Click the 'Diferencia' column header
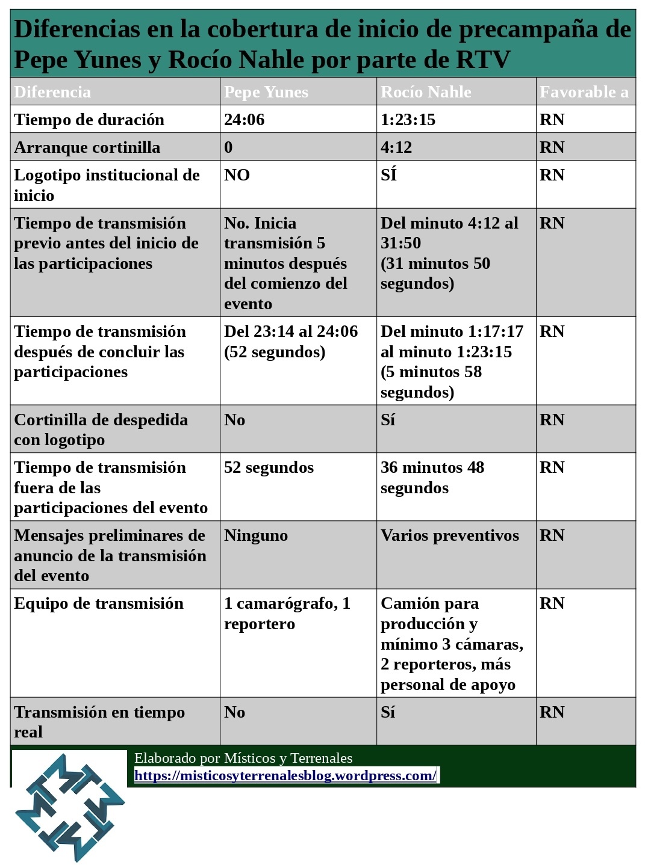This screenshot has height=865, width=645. pos(52,92)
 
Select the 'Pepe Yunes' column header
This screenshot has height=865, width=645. pos(266,92)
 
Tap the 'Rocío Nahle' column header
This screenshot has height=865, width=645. pos(426,92)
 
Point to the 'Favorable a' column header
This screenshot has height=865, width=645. pos(584,92)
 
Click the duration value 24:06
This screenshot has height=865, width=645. pos(244,120)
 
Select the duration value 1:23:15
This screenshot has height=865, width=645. pos(408,120)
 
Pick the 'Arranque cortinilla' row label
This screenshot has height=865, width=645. pos(87,147)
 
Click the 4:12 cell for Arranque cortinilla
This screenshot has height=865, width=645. pos(396,147)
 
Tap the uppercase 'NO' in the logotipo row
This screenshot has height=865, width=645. pos(237,175)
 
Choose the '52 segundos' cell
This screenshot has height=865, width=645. pos(269,467)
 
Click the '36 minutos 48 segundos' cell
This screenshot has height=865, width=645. pos(432,478)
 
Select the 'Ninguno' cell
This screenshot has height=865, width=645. pos(256,535)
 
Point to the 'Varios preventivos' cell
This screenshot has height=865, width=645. pos(449,535)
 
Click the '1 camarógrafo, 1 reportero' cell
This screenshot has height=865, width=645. pos(287,614)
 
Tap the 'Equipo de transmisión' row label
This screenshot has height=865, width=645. pos(99,603)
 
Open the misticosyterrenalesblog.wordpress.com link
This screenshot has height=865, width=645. pos(285,775)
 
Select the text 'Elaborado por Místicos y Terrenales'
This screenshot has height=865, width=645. pos(243,758)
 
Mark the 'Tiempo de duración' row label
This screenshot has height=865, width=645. pos(89,120)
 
